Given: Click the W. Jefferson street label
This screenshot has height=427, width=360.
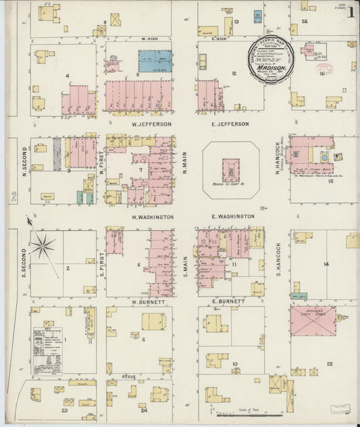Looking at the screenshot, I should click(x=151, y=124).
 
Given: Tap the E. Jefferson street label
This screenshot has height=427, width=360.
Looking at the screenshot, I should click(x=230, y=124).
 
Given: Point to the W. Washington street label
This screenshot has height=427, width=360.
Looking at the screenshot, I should click(x=153, y=217).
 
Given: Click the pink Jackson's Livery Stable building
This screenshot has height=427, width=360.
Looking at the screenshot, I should click(x=313, y=320).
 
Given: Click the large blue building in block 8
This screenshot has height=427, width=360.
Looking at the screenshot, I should click(x=155, y=60).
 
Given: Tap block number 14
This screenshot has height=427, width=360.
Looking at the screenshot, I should click(x=326, y=264).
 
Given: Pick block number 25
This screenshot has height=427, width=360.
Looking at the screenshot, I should click(x=330, y=364).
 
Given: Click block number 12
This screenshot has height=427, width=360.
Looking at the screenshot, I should click(x=234, y=73).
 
